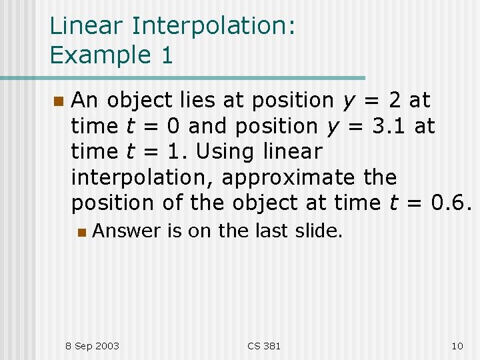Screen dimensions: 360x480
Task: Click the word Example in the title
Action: coord(100,55)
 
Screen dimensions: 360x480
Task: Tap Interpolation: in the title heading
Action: coord(213,26)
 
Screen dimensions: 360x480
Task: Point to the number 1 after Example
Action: coord(166,55)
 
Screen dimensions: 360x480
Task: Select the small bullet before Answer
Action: coord(81,232)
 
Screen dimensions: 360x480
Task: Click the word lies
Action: coord(199,100)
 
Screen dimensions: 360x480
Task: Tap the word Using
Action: coord(223,152)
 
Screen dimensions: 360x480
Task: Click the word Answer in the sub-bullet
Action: coord(127,231)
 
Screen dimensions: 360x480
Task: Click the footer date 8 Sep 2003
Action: coord(92,345)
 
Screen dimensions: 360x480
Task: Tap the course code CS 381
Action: coord(264,345)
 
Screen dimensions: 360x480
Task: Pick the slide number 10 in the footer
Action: coord(457,345)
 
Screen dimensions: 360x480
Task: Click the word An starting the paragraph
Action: coord(85,100)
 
